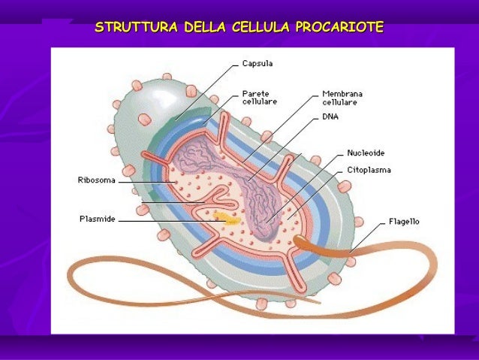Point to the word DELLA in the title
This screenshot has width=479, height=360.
pyautogui.click(x=205, y=29)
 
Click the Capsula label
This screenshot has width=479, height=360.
pyautogui.click(x=258, y=64)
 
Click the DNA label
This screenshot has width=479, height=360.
pyautogui.click(x=330, y=117)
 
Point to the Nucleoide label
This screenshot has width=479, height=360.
pyautogui.click(x=366, y=153)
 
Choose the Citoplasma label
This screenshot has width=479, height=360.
pyautogui.click(x=368, y=171)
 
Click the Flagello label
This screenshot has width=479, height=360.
pyautogui.click(x=404, y=222)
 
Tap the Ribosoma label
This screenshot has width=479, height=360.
pyautogui.click(x=95, y=180)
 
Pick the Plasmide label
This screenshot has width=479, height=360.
pyautogui.click(x=98, y=220)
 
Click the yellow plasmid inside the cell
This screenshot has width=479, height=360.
pyautogui.click(x=225, y=220)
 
